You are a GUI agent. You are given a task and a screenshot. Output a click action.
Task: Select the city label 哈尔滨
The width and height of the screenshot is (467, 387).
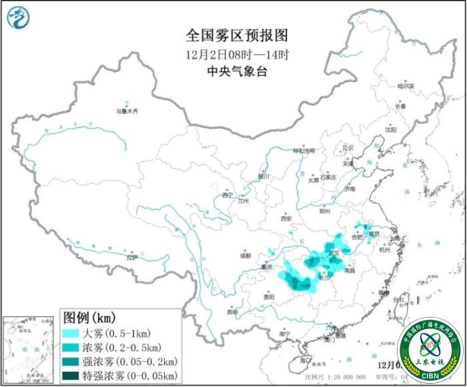[405, 85]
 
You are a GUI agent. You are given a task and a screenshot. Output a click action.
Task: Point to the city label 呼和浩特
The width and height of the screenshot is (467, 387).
[308, 151]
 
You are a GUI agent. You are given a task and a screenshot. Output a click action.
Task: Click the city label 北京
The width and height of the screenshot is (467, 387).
[347, 147]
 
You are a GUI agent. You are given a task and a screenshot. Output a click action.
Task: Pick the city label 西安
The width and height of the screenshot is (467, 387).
[286, 218]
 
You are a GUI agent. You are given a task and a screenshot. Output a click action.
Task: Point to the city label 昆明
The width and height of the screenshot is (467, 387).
[232, 312]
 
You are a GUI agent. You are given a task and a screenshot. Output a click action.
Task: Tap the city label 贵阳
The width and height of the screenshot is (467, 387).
[269, 296]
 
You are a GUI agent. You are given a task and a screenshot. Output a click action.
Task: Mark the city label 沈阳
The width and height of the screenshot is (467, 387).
[390, 129]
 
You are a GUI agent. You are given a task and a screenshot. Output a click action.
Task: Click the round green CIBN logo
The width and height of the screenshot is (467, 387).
[430, 348]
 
